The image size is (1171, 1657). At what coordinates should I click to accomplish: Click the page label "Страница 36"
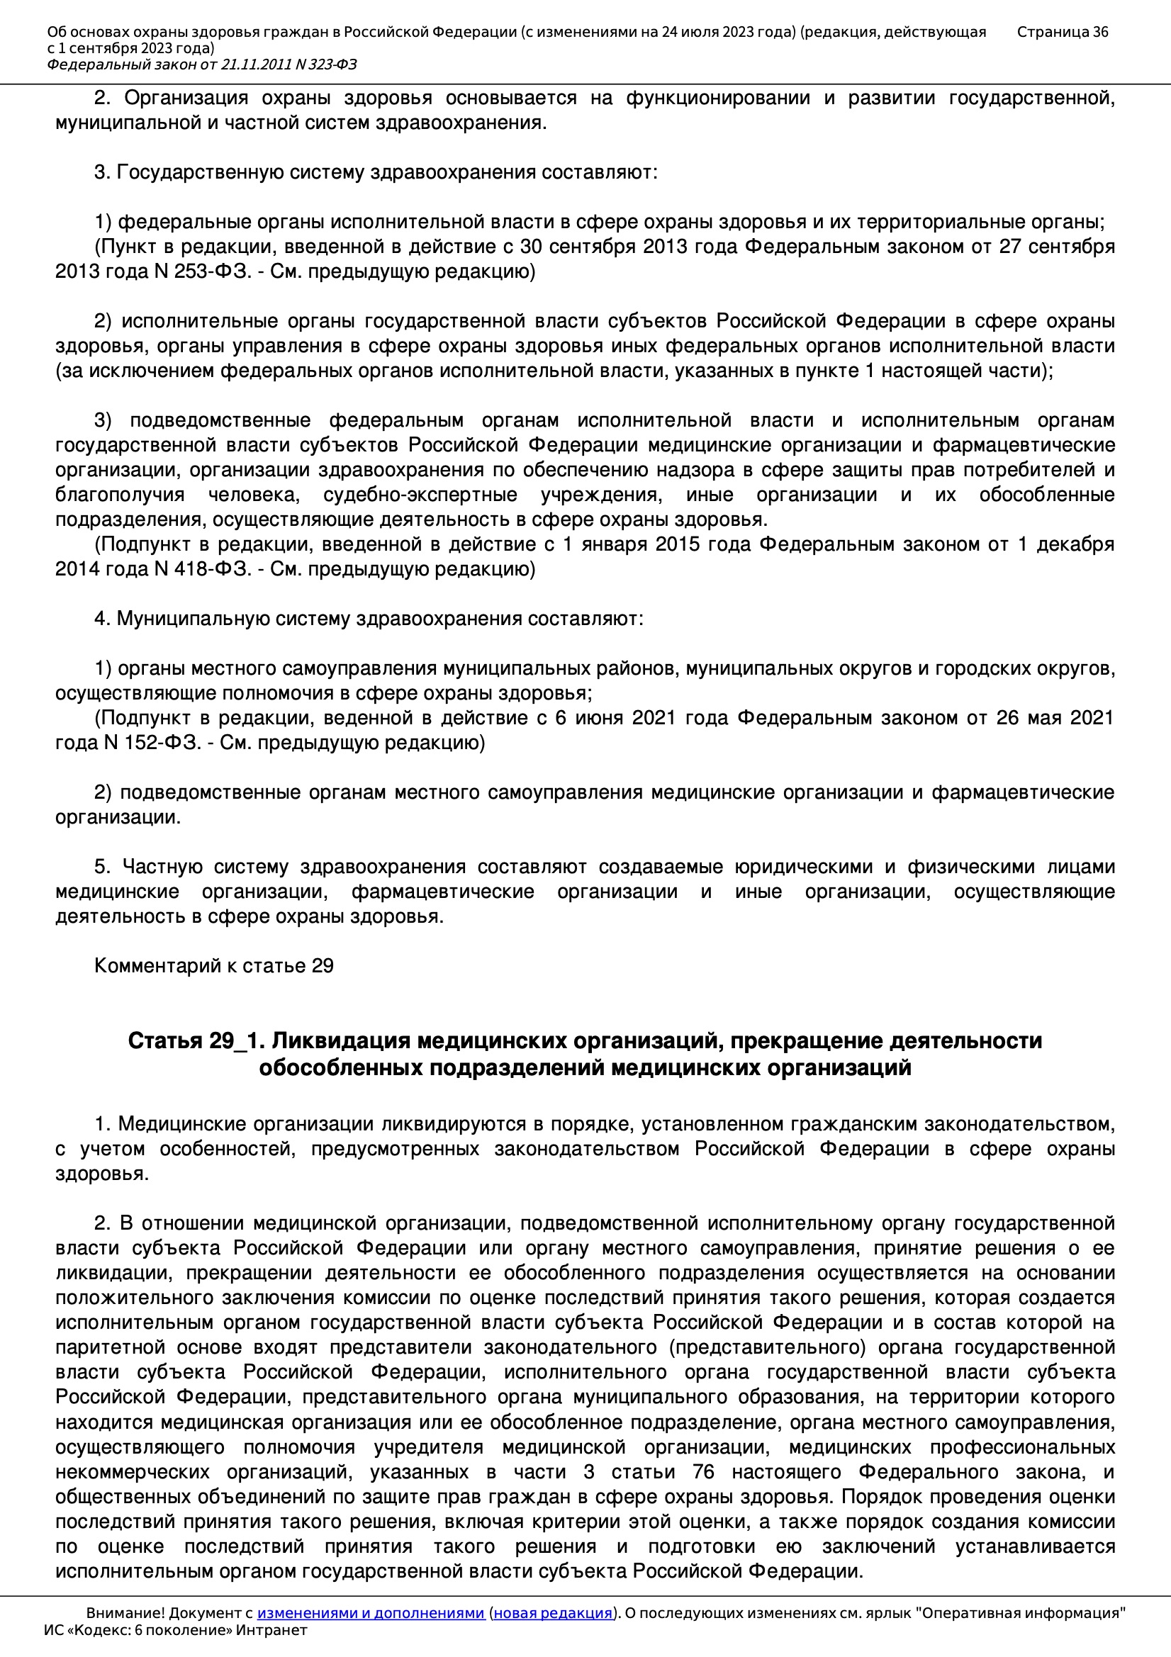tap(1062, 32)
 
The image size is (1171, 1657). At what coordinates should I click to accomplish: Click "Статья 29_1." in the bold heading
tap(196, 1040)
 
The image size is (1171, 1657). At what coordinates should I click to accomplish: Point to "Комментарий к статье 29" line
tap(213, 965)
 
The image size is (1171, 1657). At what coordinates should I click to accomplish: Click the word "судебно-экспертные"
tap(420, 495)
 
